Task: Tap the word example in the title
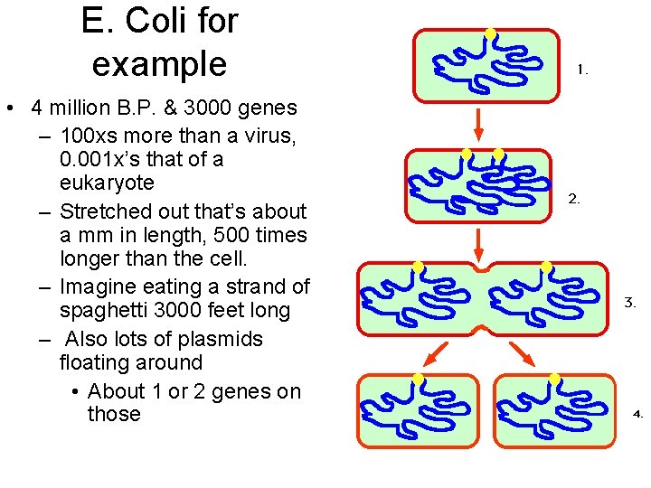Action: (x=159, y=63)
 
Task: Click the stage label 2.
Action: (x=574, y=199)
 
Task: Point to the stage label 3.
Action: (x=630, y=304)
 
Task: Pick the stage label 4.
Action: (x=637, y=415)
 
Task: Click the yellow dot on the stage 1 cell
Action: (x=490, y=33)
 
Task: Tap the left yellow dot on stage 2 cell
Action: (x=467, y=154)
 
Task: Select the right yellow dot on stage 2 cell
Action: (x=498, y=154)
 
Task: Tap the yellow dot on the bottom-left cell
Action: (x=418, y=378)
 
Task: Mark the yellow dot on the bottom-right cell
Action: (x=554, y=378)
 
